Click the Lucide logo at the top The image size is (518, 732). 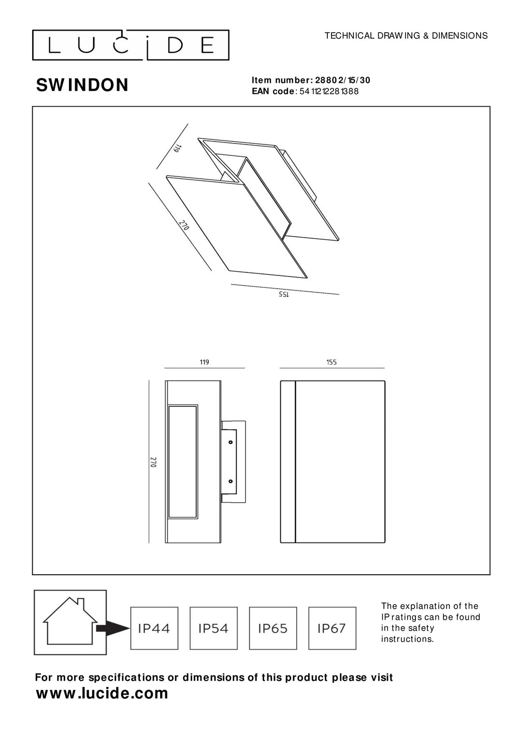click(131, 45)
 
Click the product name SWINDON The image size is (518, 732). click(82, 85)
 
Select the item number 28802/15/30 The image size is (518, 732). click(343, 80)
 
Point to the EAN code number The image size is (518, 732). click(329, 92)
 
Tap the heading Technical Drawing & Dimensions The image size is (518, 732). click(406, 36)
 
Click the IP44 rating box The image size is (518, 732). click(154, 628)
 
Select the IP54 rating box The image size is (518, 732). click(213, 628)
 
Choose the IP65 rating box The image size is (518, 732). click(273, 628)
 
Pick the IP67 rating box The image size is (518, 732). click(332, 628)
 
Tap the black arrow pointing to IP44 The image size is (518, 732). click(113, 628)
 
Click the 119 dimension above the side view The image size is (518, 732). click(205, 362)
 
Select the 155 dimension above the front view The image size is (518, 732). click(332, 362)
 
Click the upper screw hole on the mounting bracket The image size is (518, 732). click(231, 442)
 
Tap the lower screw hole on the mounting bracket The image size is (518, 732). click(231, 481)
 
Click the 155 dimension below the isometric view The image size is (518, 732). click(284, 294)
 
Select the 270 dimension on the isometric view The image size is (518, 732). click(184, 225)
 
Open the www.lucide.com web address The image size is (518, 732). click(102, 693)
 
